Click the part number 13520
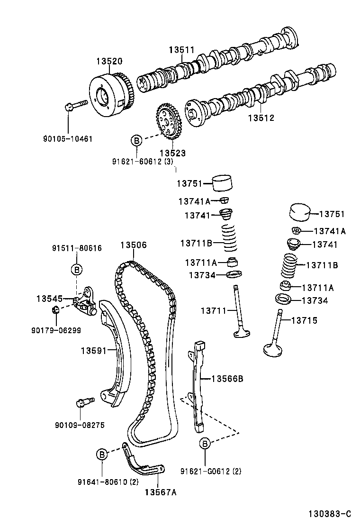tap(109, 62)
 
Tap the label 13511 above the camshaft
tap(182, 50)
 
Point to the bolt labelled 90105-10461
tap(76, 105)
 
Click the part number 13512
tap(261, 118)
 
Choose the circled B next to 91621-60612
tap(136, 140)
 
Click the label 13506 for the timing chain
tap(133, 245)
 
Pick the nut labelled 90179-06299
tap(55, 310)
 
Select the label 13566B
tap(227, 378)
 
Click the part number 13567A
tap(161, 492)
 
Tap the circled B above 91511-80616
tap(76, 269)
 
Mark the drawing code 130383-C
tap(330, 514)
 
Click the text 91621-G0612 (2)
tap(211, 471)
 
